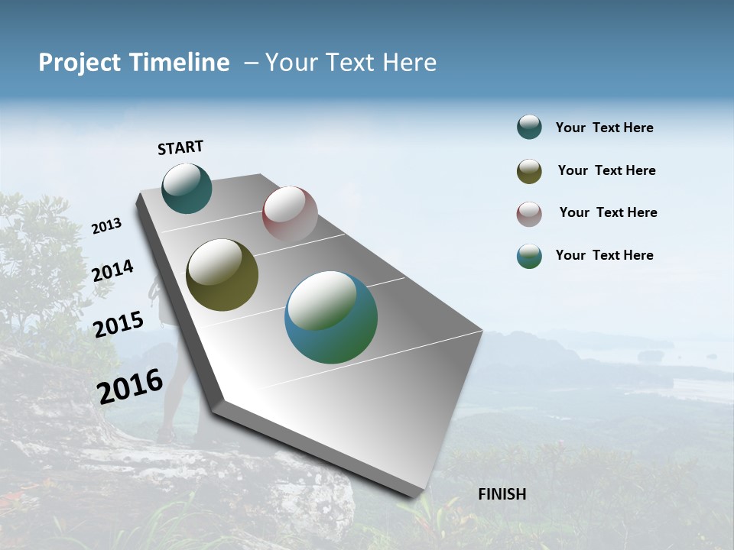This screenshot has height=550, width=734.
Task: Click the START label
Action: point(180,147)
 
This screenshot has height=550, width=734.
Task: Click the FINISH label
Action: point(502,494)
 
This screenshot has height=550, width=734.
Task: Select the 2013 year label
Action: point(106,226)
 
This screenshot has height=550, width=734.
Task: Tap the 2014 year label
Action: point(113,270)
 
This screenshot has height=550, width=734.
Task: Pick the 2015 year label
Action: point(119,324)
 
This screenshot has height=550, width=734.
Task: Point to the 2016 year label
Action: point(130,387)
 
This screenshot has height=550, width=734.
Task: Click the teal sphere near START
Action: point(187,189)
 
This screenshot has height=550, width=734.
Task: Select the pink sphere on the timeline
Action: point(290,214)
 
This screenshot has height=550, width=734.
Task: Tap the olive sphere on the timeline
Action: point(222,275)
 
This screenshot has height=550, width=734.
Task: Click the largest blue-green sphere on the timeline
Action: point(330,317)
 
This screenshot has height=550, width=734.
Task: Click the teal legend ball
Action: point(529,128)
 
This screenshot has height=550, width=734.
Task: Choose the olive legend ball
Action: point(529,171)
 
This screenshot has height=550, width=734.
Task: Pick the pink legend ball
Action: point(529,214)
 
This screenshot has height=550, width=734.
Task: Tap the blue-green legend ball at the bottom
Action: point(529,256)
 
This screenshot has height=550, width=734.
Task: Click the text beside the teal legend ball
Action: point(604,128)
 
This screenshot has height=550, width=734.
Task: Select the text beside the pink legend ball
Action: point(608,212)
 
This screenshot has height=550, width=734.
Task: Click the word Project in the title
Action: point(80,63)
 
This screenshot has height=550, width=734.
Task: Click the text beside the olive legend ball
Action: point(606,170)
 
